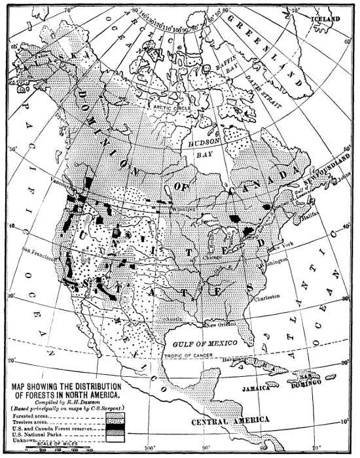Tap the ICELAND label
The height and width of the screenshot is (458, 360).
point(326,20)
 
